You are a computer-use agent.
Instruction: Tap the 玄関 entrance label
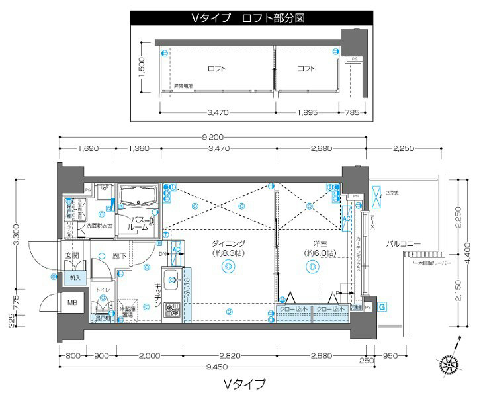click(72, 255)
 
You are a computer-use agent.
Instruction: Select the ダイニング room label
click(229, 243)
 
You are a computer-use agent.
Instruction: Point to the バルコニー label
click(404, 244)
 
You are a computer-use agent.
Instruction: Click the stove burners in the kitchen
click(171, 308)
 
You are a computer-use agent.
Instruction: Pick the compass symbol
click(449, 363)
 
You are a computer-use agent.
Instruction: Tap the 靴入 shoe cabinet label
click(75, 279)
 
